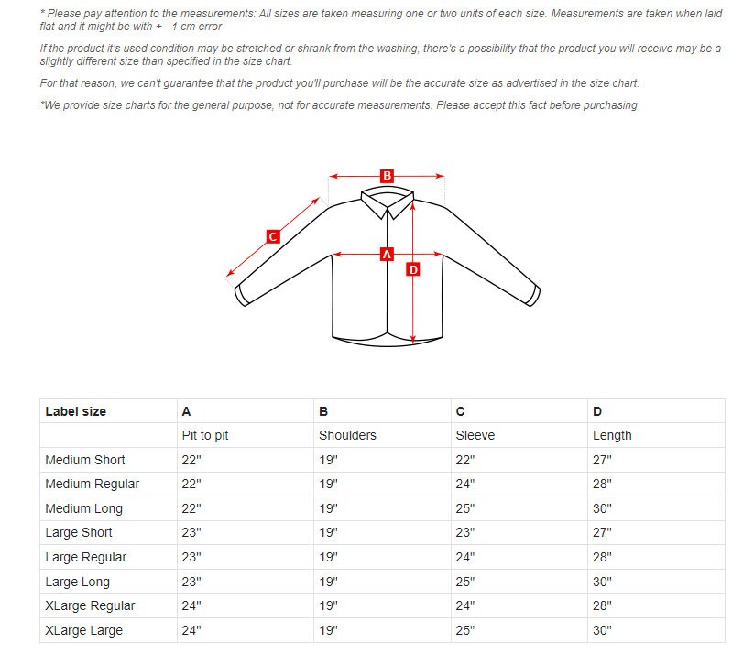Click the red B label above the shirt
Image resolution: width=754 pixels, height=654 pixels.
387,176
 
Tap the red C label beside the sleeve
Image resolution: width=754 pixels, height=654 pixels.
273,236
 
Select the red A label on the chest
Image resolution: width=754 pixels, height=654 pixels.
387,255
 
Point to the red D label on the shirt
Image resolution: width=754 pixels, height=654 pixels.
413,270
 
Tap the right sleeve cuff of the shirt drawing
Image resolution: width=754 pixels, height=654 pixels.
534,296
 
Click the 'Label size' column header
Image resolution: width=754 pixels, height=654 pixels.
75,411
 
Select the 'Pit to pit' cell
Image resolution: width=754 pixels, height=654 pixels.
205,436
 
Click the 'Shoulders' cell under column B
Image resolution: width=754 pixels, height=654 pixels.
347,436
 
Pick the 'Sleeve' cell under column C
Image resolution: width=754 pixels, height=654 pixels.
475,436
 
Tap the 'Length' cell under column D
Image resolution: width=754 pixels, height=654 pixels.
612,436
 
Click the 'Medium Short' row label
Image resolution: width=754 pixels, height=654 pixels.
85,460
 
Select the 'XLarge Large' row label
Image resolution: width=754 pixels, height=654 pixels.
83,630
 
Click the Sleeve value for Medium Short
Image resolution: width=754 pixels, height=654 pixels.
465,460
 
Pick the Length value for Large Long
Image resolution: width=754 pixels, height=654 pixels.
602,582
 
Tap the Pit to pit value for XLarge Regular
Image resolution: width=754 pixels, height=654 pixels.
191,606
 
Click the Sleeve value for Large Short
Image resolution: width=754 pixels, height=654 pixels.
465,533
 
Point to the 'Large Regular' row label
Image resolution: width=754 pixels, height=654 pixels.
85,557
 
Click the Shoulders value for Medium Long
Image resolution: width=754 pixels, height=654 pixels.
328,508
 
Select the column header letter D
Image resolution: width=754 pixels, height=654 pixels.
597,411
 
